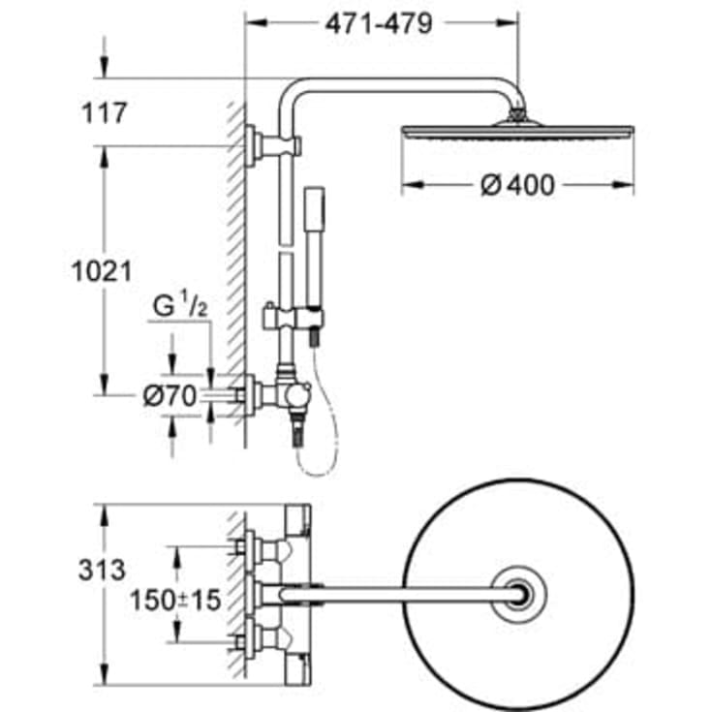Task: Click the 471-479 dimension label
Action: (x=379, y=23)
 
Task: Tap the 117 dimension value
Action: (x=105, y=113)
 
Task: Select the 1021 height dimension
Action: (x=102, y=271)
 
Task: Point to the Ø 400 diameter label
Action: (x=517, y=185)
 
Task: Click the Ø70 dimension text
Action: (x=170, y=395)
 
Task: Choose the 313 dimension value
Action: (x=102, y=570)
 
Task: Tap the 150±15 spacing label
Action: (x=175, y=600)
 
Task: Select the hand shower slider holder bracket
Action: (x=294, y=318)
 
